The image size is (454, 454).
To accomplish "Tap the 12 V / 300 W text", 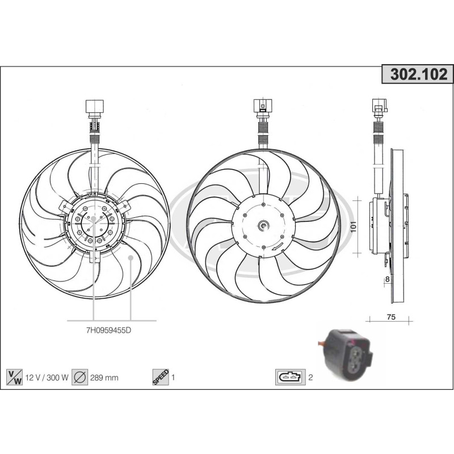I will coord(46,377).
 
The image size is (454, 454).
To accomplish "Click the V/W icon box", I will coord(14,377).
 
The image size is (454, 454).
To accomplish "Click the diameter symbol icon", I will coord(80,377).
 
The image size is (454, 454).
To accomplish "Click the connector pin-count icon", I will coord(289,377).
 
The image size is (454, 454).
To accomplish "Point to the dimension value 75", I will coord(390,317).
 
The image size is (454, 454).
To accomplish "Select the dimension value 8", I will coord(387,279).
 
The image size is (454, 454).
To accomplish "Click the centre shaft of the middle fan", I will coord(263,226).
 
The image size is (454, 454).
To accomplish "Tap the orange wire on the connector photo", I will coord(322,343).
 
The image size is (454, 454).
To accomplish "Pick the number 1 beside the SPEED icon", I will coord(173,377).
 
